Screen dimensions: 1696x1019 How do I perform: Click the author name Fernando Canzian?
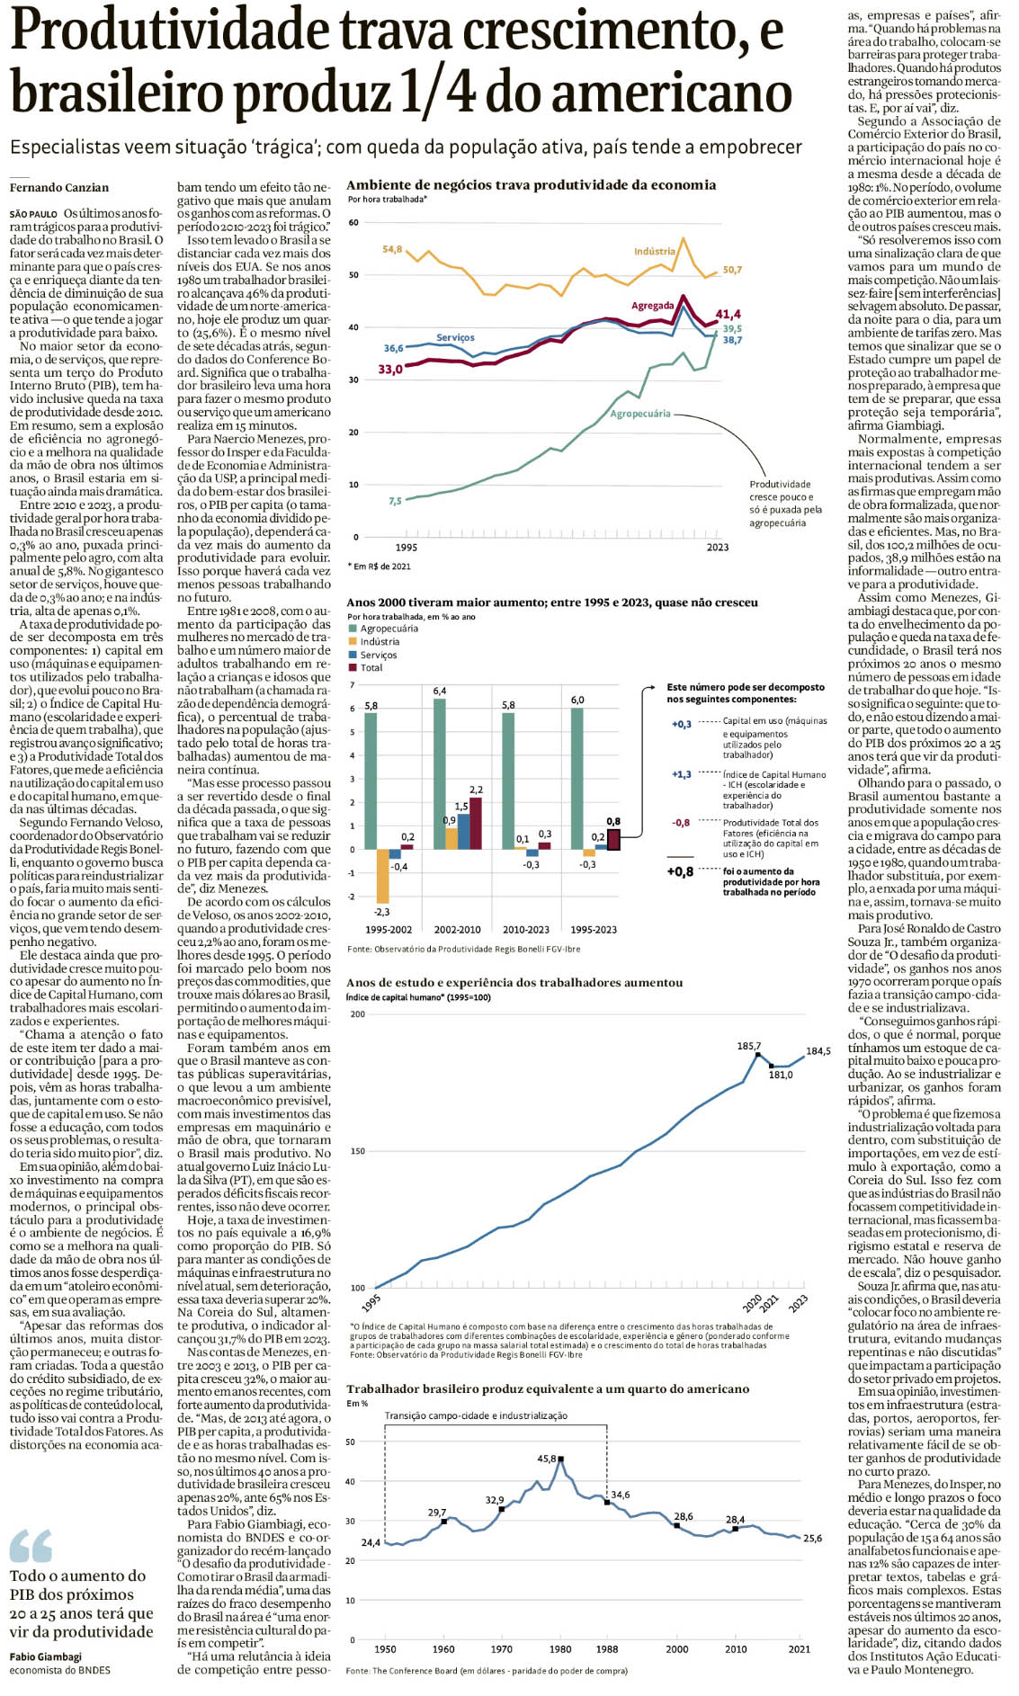click(x=59, y=188)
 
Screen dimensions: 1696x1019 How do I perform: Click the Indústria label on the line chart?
click(x=654, y=252)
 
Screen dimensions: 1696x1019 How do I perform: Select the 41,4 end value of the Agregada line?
click(x=728, y=314)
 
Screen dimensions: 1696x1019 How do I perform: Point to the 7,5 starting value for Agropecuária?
click(x=395, y=501)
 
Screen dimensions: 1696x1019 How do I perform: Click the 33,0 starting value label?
click(x=389, y=370)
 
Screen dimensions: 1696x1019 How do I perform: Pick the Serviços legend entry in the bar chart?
click(x=379, y=655)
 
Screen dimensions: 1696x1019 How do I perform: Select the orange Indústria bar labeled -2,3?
click(x=382, y=876)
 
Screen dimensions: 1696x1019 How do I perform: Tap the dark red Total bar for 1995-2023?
click(x=613, y=839)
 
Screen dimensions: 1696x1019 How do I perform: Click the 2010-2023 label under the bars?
click(x=525, y=929)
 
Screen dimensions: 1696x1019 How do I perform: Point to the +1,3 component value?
click(x=682, y=774)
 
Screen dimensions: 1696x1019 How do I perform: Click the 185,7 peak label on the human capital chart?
click(x=749, y=1046)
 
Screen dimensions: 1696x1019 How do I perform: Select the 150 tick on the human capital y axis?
click(x=358, y=1151)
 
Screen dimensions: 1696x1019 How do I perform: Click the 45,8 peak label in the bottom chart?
click(x=547, y=1459)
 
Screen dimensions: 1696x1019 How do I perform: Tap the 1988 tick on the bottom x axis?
click(x=606, y=1649)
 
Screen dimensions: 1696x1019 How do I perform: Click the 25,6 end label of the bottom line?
click(x=812, y=1539)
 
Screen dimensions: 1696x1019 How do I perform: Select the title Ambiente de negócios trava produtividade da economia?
click(x=531, y=185)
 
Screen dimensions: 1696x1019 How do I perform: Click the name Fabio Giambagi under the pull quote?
click(x=46, y=1656)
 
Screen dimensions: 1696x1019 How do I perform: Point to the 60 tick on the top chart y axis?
click(x=353, y=223)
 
